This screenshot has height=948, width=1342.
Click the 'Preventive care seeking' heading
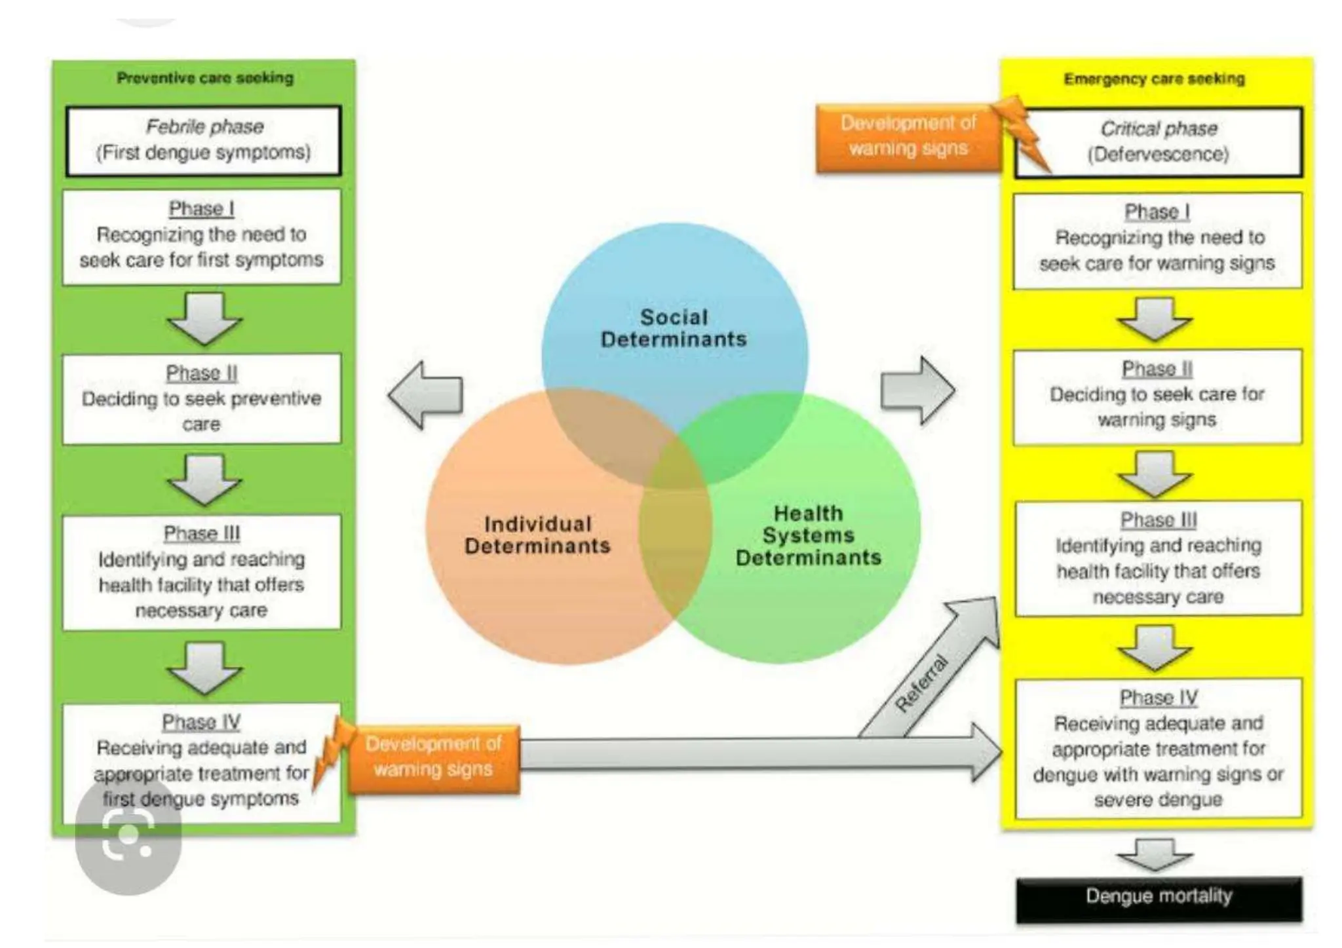[x=205, y=78]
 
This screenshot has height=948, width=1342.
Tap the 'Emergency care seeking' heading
[x=1154, y=79]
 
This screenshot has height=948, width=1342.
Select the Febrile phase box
[x=203, y=140]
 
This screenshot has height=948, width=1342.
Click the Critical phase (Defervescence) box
[x=1159, y=142]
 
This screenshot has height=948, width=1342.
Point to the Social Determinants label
[x=674, y=328]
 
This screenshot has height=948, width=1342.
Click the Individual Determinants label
[x=537, y=535]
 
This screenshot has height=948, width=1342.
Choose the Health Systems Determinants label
[x=808, y=535]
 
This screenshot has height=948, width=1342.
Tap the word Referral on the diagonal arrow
[x=921, y=683]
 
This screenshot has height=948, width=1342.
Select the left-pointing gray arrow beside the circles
[x=427, y=395]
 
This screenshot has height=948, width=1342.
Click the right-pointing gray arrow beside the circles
[x=917, y=391]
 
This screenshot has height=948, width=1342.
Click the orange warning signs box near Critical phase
[x=908, y=136]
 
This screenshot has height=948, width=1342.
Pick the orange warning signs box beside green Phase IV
[x=433, y=757]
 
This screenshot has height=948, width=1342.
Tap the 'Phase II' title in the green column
[x=201, y=373]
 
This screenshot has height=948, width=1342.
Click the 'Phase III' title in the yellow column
[x=1158, y=520]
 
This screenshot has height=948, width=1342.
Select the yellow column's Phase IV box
[x=1158, y=748]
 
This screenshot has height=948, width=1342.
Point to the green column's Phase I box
[x=201, y=237]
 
